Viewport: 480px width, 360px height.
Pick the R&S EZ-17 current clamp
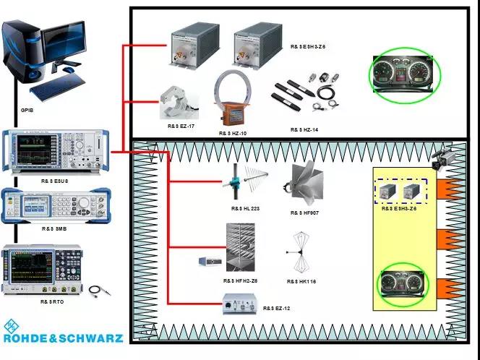[x=179, y=102]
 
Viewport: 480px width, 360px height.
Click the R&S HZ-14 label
[x=304, y=129]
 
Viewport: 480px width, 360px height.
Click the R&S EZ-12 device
[x=240, y=305]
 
